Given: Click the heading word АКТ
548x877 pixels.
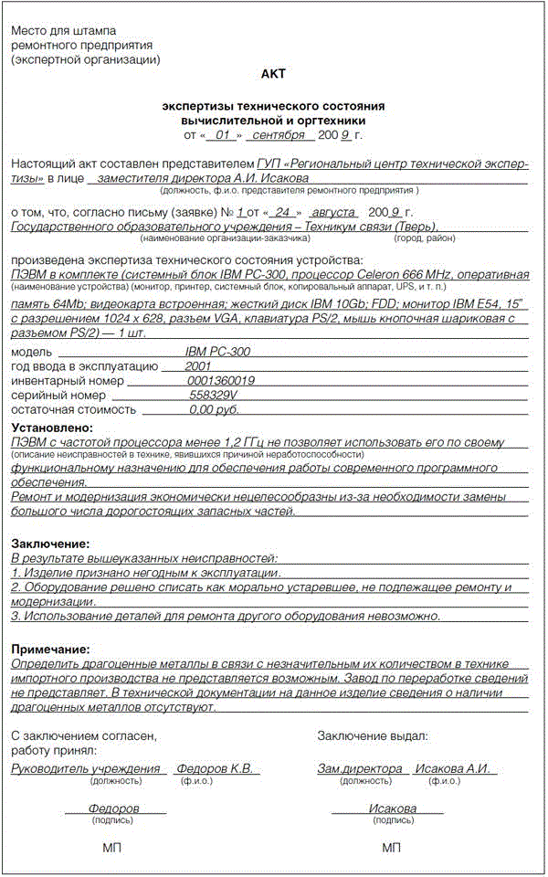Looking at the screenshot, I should click(274, 75).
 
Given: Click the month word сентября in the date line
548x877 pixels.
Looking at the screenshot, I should click(279, 135).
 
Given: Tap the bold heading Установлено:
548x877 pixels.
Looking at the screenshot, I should click(52, 428).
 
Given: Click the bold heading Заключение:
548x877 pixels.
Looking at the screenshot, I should click(49, 544).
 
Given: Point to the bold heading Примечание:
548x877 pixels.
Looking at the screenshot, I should click(51, 649).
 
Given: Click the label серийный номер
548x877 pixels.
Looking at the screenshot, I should click(58, 396).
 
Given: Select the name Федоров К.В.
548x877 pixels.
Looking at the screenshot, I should click(215, 768).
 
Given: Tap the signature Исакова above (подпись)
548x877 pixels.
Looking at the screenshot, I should click(393, 808).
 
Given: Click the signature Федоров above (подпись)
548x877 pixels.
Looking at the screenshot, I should click(114, 808).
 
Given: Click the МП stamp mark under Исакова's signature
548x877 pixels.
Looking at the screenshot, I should click(392, 848).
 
